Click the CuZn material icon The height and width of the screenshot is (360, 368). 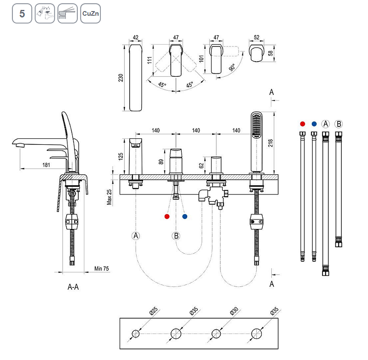coord(90,14)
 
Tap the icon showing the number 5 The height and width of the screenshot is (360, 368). coord(22,14)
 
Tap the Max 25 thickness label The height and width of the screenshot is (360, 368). coord(109,197)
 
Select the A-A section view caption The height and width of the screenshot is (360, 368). coord(73,287)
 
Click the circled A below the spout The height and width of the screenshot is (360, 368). coord(136,236)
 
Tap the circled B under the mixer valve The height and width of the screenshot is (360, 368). coord(176,236)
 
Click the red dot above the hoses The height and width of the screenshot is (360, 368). coord(302,124)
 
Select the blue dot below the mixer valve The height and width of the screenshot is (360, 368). coord(184,216)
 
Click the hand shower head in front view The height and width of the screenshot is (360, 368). coord(256,126)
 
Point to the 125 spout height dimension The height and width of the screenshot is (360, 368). coord(121,156)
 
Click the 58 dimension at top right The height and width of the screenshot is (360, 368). coord(270,53)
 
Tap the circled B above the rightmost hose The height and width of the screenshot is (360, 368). coord(339,124)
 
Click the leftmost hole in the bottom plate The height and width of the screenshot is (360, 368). coord(136,333)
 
